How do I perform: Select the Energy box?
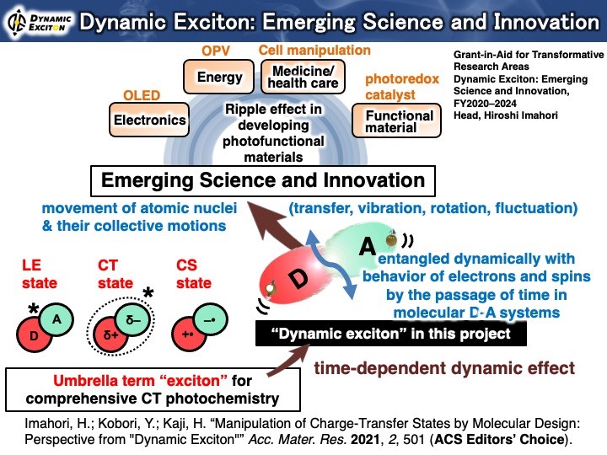(x=218, y=77)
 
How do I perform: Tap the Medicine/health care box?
(x=303, y=77)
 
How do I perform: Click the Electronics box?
(x=149, y=120)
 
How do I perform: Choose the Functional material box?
(x=396, y=120)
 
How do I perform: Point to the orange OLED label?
(x=142, y=95)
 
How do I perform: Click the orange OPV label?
(x=216, y=51)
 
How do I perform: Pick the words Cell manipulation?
(x=314, y=51)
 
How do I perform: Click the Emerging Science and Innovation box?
(x=263, y=181)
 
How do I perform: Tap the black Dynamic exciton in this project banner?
(x=391, y=334)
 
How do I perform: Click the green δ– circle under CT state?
(x=133, y=319)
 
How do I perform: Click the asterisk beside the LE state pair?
(x=34, y=308)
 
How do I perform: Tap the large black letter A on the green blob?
(x=367, y=246)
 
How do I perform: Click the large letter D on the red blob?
(x=299, y=279)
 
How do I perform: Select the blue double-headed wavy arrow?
(x=331, y=265)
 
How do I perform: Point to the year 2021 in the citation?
(x=365, y=440)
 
